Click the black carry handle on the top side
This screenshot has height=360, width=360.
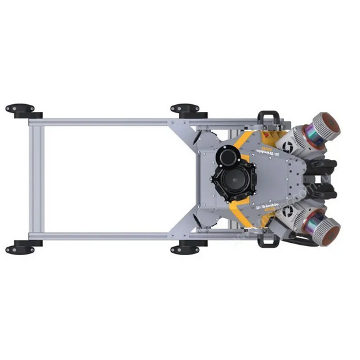coord(269,117)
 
